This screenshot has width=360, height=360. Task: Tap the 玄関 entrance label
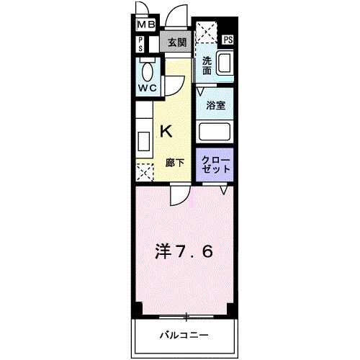point(177,42)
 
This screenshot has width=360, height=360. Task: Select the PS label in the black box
point(228,40)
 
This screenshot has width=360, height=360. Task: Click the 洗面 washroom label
point(207,66)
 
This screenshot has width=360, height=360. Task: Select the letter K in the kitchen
point(166,131)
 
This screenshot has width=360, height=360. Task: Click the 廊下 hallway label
point(176,163)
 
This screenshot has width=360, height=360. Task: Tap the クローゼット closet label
point(217,163)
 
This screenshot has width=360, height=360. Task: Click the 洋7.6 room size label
point(184,253)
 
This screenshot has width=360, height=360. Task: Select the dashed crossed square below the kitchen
point(145,172)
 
